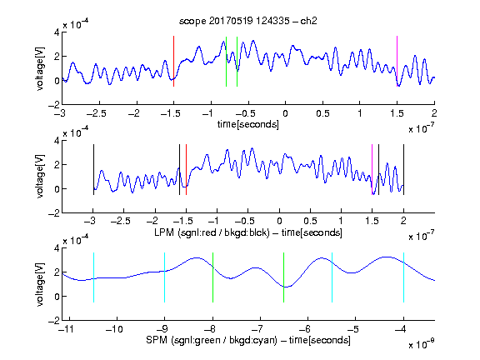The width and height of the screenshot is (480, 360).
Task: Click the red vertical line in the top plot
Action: coord(173,61)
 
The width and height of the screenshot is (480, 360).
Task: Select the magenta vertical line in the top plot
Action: coord(397,61)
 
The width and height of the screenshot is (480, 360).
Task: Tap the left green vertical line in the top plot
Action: coord(226,61)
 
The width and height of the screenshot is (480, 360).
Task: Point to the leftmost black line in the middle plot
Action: coord(93,169)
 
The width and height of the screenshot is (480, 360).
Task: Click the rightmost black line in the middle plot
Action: coord(403,169)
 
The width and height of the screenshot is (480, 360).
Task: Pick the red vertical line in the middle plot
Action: coord(186,169)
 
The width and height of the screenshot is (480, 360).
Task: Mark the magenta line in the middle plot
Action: coord(372,169)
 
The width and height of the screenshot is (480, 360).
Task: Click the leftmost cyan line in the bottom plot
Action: coord(93,277)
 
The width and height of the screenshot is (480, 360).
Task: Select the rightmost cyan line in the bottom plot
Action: coord(403,277)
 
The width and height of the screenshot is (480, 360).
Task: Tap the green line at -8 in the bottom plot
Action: coord(212,277)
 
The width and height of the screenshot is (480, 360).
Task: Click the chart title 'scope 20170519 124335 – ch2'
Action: coord(248,21)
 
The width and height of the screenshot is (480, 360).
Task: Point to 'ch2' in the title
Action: coord(308,21)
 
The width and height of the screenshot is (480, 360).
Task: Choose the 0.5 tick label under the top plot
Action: coord(322,113)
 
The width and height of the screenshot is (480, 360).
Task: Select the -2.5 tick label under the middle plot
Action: coord(120,221)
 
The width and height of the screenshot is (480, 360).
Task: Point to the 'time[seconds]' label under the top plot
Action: coord(248,124)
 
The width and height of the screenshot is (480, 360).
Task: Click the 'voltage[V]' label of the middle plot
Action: coord(40,177)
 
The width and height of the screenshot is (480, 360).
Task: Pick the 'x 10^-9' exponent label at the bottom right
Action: coord(421,344)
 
